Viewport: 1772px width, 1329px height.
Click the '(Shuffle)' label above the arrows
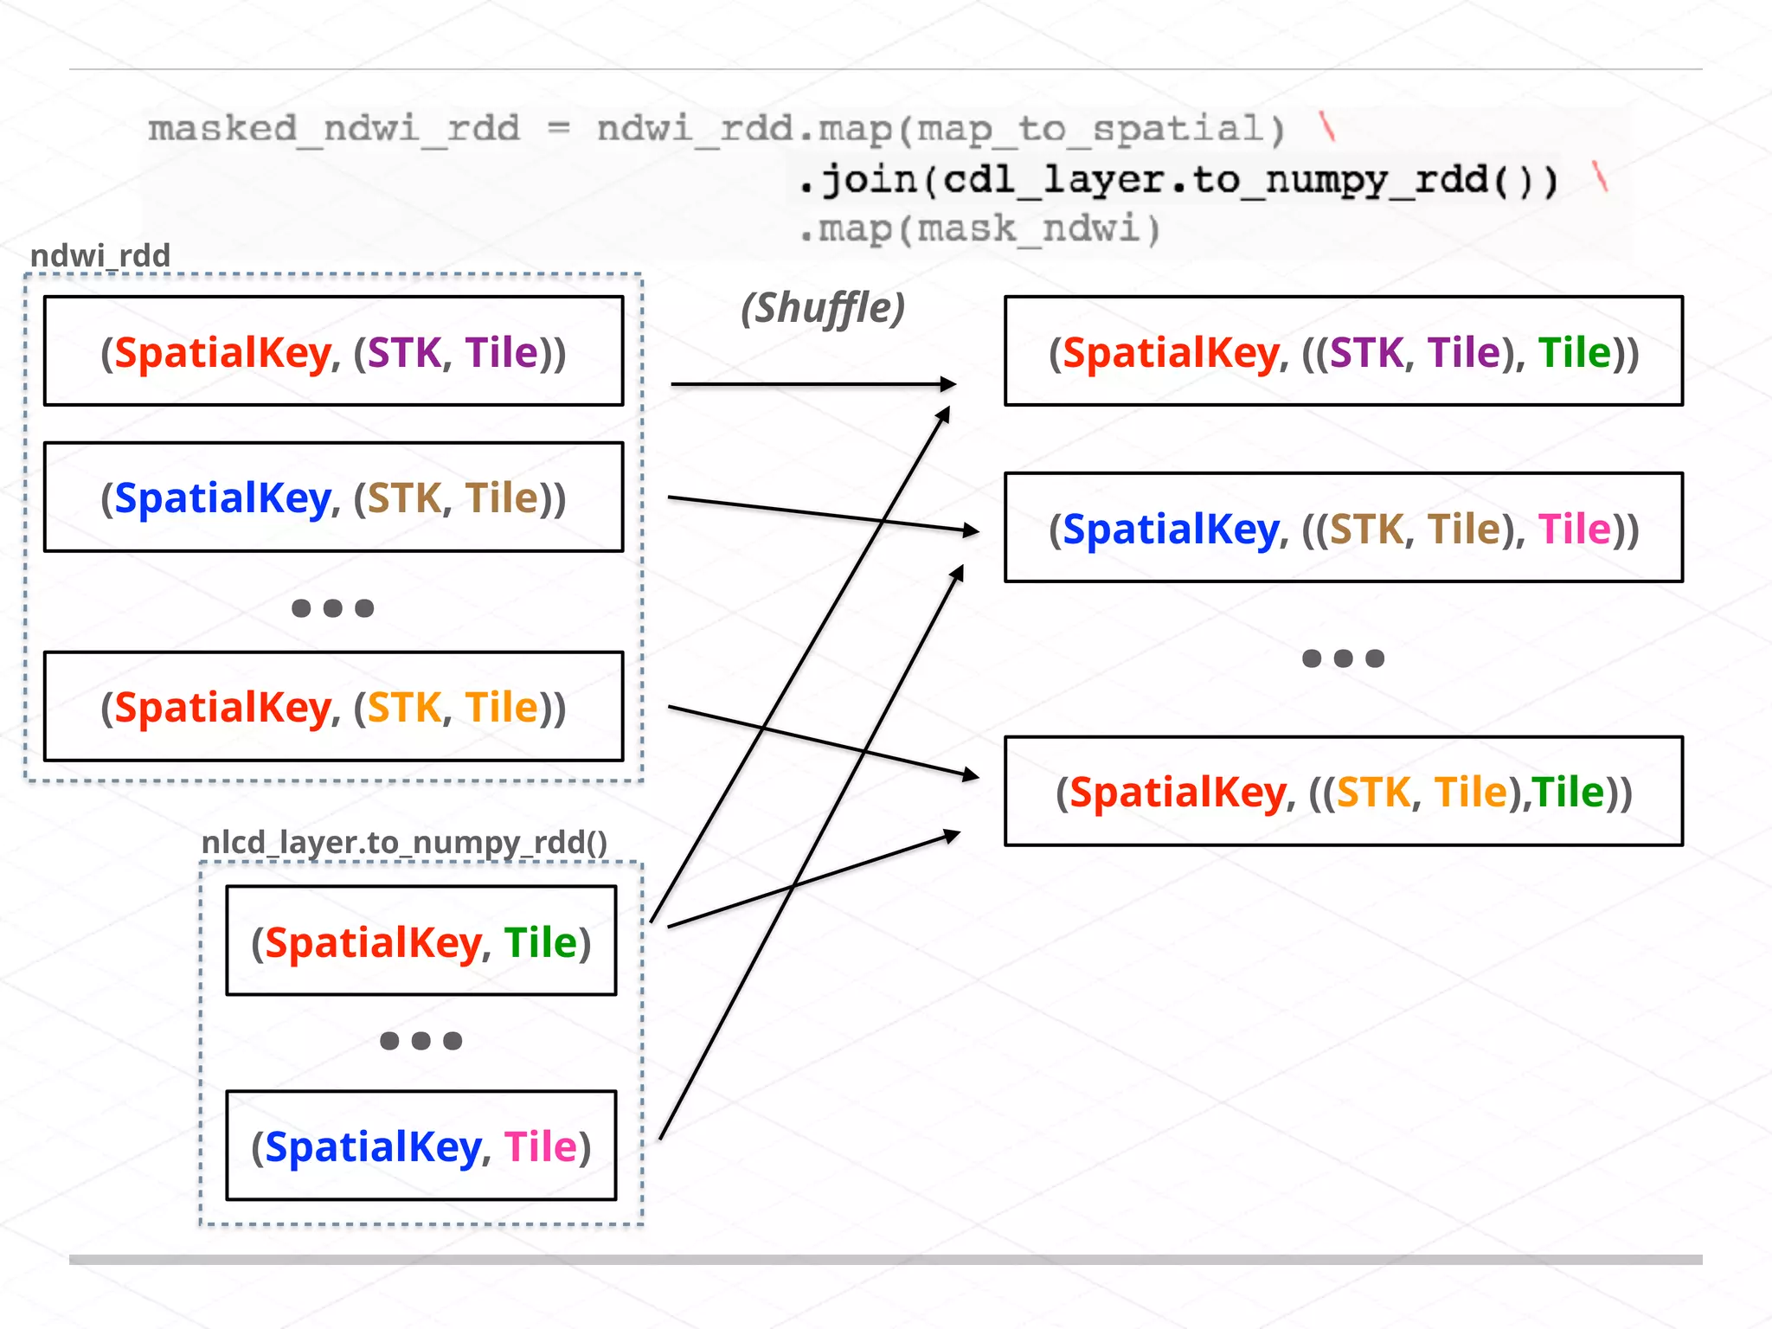pyautogui.click(x=822, y=309)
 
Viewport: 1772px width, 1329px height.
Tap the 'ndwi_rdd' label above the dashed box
pyautogui.click(x=100, y=255)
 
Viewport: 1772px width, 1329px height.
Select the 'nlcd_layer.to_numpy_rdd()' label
pyautogui.click(x=404, y=842)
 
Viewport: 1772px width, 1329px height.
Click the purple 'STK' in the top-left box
pyautogui.click(x=404, y=352)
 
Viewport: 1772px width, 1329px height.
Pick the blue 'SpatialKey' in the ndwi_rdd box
pyautogui.click(x=222, y=498)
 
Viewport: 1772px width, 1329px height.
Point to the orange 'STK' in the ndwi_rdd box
pyautogui.click(x=404, y=708)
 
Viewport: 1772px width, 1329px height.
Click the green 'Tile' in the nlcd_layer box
pyautogui.click(x=541, y=942)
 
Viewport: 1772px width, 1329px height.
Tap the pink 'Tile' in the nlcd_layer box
pyautogui.click(x=541, y=1147)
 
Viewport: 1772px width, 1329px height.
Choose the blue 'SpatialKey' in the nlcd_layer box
pyautogui.click(x=373, y=1147)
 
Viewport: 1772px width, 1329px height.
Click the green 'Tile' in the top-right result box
pyautogui.click(x=1574, y=353)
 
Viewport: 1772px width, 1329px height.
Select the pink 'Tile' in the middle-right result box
pyautogui.click(x=1574, y=529)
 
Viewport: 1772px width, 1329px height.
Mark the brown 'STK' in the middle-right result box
pyautogui.click(x=1366, y=529)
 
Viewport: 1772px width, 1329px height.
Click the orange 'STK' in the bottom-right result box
pyautogui.click(x=1373, y=793)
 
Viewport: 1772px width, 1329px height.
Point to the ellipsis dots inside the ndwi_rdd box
pyautogui.click(x=333, y=608)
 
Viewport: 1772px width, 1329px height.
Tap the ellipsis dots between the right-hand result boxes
pyautogui.click(x=1343, y=658)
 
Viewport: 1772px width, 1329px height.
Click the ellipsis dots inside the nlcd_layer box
pyautogui.click(x=421, y=1041)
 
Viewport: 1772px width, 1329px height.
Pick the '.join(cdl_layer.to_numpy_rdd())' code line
pyautogui.click(x=1177, y=180)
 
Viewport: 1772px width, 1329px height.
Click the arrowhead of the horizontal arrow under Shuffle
pyautogui.click(x=949, y=383)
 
